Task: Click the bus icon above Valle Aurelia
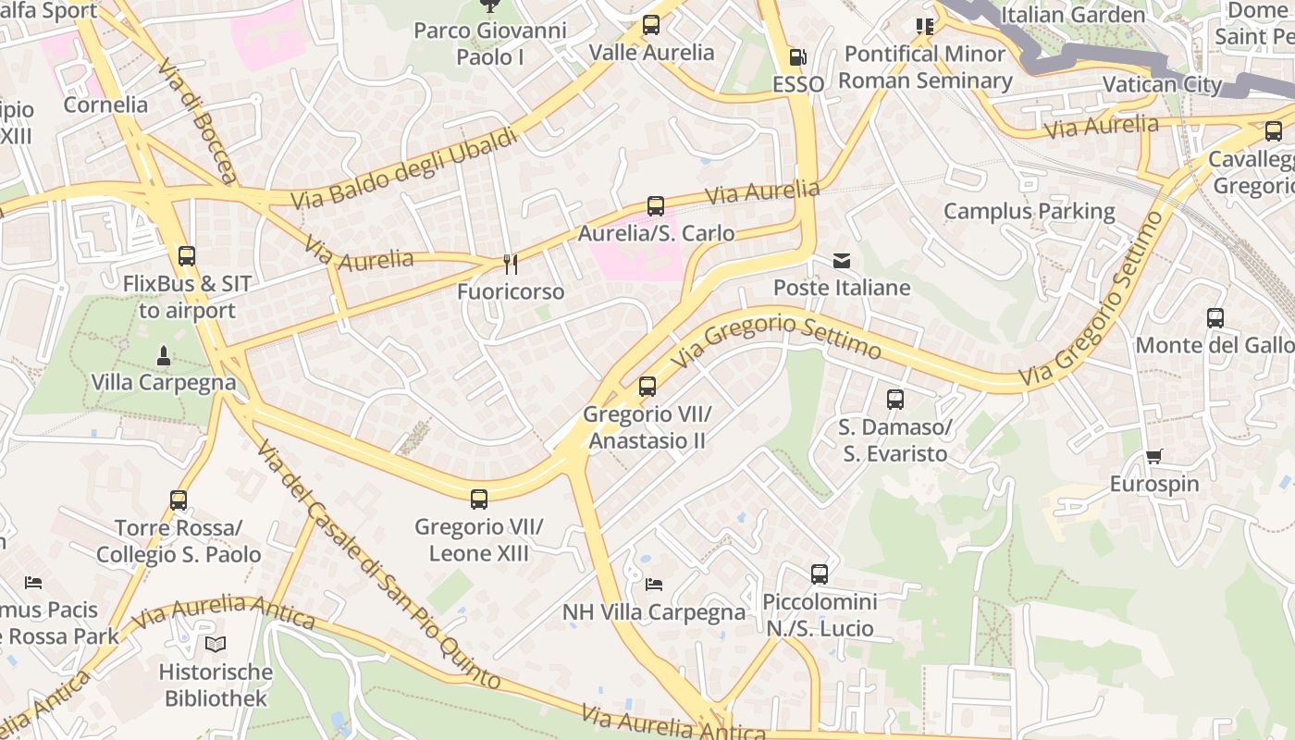(x=651, y=25)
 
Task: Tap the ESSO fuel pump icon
(x=797, y=57)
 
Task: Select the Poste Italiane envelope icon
(x=842, y=261)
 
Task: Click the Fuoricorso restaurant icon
(x=510, y=265)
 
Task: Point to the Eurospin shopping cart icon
(x=1153, y=457)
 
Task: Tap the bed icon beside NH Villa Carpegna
(x=654, y=585)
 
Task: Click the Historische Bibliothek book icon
(x=216, y=644)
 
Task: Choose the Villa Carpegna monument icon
(x=163, y=355)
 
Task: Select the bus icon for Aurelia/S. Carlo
(x=656, y=206)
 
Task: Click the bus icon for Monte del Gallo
(x=1215, y=318)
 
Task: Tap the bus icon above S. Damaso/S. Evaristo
(x=894, y=400)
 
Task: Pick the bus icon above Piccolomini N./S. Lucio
(x=820, y=574)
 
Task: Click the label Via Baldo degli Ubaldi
(x=403, y=168)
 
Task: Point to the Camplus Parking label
(x=1029, y=212)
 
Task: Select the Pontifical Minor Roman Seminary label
(x=925, y=68)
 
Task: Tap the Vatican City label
(x=1162, y=85)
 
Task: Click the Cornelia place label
(x=105, y=105)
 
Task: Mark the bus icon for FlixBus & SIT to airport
(x=187, y=256)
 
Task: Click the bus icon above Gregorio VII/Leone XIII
(x=479, y=499)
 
